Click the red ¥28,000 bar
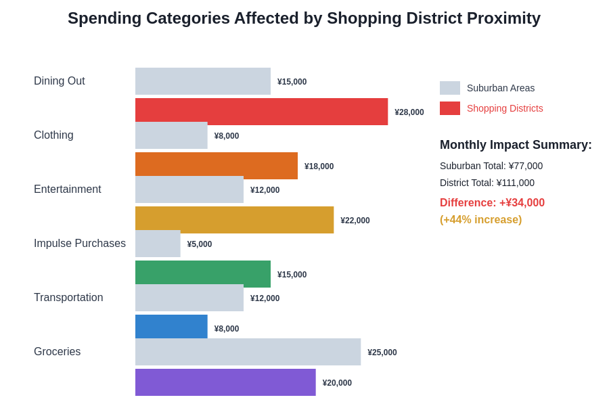click(x=261, y=111)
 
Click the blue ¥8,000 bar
click(x=171, y=326)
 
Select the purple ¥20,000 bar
click(x=225, y=382)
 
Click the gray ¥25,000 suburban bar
click(x=248, y=352)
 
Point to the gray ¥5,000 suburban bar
click(x=158, y=244)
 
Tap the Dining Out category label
click(x=60, y=81)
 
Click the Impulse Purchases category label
click(x=80, y=244)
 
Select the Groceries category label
click(x=58, y=352)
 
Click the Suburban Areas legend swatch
click(x=450, y=88)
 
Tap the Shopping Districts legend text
click(x=505, y=108)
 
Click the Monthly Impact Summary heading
click(x=516, y=145)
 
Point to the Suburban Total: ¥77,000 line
click(x=491, y=166)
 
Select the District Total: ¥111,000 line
click(x=487, y=183)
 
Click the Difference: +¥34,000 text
click(x=492, y=202)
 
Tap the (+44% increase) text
click(x=480, y=219)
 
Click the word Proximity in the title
click(x=501, y=18)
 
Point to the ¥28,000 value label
click(x=409, y=112)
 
